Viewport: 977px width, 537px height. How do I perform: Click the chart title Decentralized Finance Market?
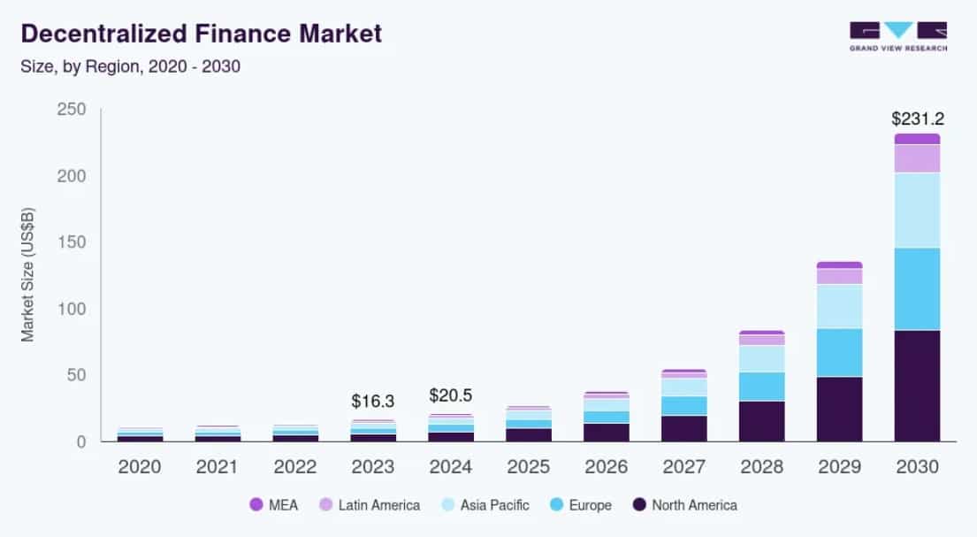tap(202, 34)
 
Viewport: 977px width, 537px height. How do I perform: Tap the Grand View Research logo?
tap(897, 36)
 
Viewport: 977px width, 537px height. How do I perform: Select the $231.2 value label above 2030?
tap(917, 119)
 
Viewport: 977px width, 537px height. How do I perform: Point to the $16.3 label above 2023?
tap(372, 401)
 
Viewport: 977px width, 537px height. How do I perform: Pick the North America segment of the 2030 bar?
tap(917, 386)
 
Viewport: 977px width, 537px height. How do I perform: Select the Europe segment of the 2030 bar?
tap(917, 289)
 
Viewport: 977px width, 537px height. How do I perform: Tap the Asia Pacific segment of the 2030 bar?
tap(917, 211)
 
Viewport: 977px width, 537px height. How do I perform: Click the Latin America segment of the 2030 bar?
tap(917, 158)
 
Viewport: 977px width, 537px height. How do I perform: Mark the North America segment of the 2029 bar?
tap(839, 409)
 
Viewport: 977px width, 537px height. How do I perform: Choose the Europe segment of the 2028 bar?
tap(761, 387)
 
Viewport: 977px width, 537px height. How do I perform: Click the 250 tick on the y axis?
tap(70, 110)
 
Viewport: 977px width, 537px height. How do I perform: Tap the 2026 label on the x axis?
tap(606, 466)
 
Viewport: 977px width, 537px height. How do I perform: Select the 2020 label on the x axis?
tap(140, 466)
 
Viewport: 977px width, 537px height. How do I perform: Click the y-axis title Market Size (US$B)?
tap(27, 275)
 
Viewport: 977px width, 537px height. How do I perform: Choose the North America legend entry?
tap(684, 505)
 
